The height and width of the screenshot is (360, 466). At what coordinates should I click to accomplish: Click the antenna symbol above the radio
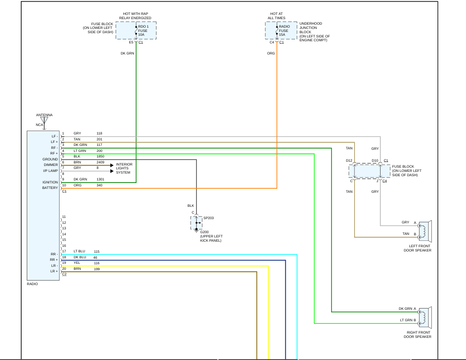coord(44,120)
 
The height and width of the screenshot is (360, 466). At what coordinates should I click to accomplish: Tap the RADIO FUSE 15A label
coord(284,31)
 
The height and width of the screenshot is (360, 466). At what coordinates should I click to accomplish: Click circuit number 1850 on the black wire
coord(100,156)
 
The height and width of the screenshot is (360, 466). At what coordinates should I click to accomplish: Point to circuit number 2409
coord(100,162)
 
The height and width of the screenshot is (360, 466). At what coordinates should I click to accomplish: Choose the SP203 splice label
coord(208,218)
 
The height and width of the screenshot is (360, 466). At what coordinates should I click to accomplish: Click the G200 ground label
coord(205,232)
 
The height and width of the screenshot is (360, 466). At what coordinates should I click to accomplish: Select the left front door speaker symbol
coord(425,231)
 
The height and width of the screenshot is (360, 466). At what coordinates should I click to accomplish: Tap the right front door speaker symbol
coord(425,317)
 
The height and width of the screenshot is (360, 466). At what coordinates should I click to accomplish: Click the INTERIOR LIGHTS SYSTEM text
coord(124,168)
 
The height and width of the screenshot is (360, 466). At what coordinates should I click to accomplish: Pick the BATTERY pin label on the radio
coord(50,188)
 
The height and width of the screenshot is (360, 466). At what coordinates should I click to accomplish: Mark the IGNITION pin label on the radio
coord(50,182)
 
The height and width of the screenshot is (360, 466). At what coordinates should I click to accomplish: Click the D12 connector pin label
coord(349,160)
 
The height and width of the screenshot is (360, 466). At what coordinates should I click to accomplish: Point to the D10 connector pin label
coord(375,160)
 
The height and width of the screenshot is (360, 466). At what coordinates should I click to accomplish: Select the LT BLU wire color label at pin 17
coord(79,251)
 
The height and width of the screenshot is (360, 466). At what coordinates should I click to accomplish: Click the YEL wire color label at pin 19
coord(77,263)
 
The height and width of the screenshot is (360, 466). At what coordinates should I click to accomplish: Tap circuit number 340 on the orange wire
coord(99,185)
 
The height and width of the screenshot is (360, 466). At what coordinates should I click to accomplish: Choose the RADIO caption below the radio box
coord(32,284)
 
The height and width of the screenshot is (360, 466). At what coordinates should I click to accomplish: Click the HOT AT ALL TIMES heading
coord(276,16)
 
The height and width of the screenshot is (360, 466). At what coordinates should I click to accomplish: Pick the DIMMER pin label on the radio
coord(51,165)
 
